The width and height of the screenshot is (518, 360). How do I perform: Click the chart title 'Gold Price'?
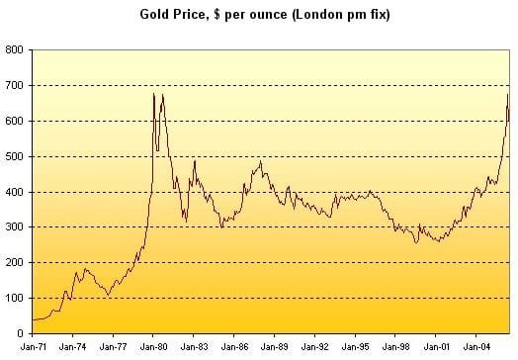[176, 15]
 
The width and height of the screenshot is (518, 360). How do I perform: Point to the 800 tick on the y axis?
[14, 49]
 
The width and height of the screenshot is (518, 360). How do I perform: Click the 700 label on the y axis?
[14, 86]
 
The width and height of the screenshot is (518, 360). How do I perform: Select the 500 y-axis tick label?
[14, 156]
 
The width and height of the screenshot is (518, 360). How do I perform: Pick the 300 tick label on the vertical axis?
[14, 227]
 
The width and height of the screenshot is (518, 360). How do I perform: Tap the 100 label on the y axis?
[14, 298]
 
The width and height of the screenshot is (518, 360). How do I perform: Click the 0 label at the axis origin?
[20, 333]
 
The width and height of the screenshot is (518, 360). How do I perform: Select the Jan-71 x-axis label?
[34, 347]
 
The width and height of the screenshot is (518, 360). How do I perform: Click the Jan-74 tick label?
[73, 347]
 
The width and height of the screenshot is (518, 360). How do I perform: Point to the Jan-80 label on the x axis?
[153, 347]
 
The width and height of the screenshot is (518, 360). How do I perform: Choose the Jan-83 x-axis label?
[194, 347]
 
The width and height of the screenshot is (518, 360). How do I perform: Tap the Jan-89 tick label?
[275, 347]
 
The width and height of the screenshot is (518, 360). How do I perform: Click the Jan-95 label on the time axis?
[356, 347]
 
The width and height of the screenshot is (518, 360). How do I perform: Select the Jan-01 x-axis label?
[436, 347]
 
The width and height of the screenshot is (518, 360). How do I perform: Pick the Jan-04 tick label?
[476, 347]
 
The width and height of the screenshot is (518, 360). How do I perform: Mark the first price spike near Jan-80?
[153, 94]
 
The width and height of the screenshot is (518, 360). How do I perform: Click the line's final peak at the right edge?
[508, 95]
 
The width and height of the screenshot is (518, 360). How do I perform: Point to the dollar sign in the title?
[217, 15]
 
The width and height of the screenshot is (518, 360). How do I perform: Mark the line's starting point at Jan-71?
[33, 320]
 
